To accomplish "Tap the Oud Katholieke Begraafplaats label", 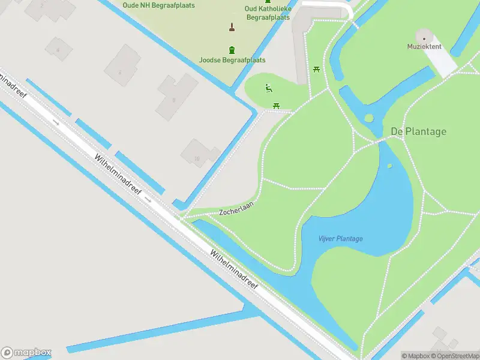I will [268, 13].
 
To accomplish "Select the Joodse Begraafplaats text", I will [232, 60].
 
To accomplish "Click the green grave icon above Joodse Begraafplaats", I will [232, 50].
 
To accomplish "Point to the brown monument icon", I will [232, 26].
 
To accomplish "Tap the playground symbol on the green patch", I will [268, 89].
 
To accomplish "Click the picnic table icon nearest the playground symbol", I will [276, 106].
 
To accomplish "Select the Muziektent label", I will [424, 46].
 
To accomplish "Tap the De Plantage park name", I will [418, 131].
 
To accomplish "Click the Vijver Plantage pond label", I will [340, 239].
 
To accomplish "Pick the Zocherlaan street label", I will [236, 208].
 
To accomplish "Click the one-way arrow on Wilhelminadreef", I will [56, 122].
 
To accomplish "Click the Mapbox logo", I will [26, 352].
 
